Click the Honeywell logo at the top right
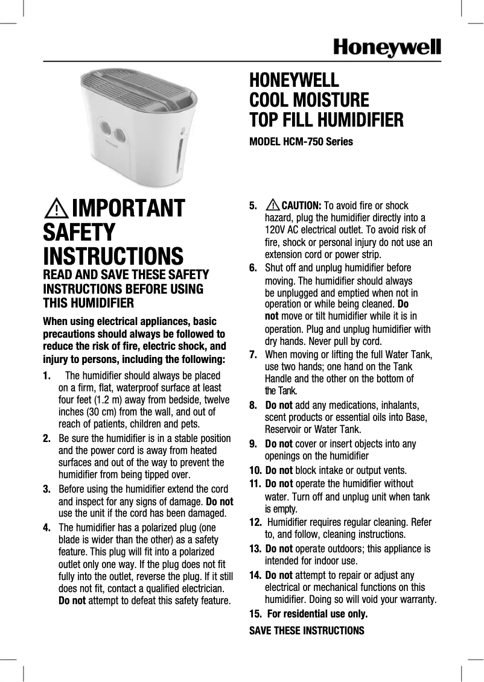pyautogui.click(x=387, y=47)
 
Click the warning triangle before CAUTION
pyautogui.click(x=272, y=204)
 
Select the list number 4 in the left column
pyautogui.click(x=47, y=528)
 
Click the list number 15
pyautogui.click(x=255, y=614)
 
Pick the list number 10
pyautogui.click(x=255, y=470)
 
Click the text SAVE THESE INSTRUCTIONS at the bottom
pyautogui.click(x=307, y=631)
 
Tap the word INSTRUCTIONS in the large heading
pyautogui.click(x=113, y=256)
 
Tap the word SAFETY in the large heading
pyautogui.click(x=79, y=232)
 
